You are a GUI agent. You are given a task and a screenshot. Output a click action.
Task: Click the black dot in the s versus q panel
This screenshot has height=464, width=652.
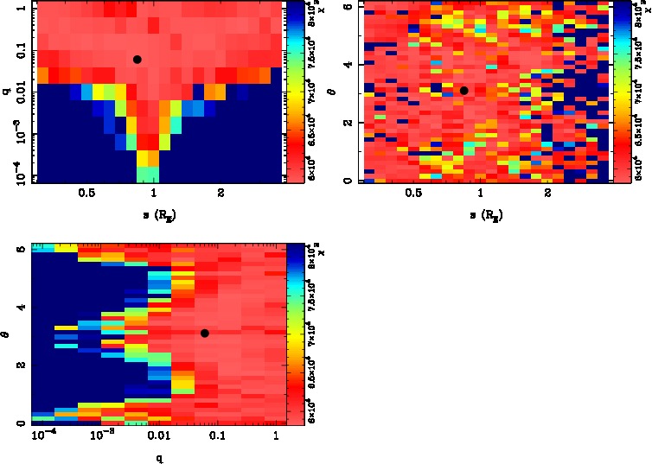137,59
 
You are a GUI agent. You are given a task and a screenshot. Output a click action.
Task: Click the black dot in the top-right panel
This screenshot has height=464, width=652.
464,90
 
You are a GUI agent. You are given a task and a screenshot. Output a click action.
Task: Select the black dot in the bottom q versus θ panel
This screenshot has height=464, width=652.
205,334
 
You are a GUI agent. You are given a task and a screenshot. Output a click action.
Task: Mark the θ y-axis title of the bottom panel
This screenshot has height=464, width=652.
6,334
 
